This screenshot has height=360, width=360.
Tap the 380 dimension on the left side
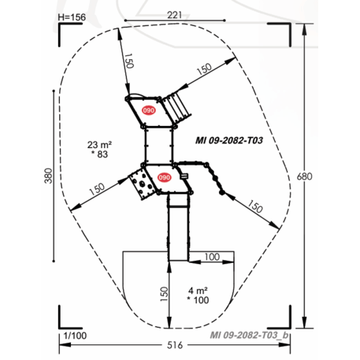tap(47, 177)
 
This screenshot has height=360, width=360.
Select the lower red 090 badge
tap(164, 177)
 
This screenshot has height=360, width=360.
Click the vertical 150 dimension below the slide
tap(163, 295)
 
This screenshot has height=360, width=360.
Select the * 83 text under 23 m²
tap(100, 155)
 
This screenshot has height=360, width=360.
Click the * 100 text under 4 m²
tap(197, 300)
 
